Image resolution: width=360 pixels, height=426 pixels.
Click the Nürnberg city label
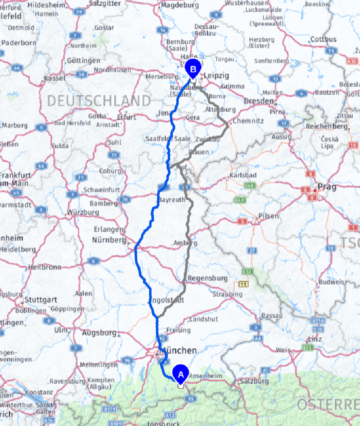pyautogui.click(x=109, y=240)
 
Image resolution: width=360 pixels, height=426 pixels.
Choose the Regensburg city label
pyautogui.click(x=208, y=278)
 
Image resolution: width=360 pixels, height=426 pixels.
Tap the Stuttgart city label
pyautogui.click(x=38, y=300)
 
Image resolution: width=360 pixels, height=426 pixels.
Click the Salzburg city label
pyautogui.click(x=254, y=381)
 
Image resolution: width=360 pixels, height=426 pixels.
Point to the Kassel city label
pyautogui.click(x=55, y=78)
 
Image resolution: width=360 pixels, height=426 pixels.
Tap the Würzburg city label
pyautogui.click(x=83, y=213)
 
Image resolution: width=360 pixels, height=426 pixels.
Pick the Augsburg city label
pyautogui.click(x=99, y=333)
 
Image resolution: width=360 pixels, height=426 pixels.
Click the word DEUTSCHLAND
pyautogui.click(x=99, y=101)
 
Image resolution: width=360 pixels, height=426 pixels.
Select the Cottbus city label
pyautogui.click(x=323, y=39)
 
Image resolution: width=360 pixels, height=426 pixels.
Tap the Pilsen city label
pyautogui.click(x=268, y=216)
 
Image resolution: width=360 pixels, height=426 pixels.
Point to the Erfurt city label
pyautogui.click(x=127, y=117)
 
